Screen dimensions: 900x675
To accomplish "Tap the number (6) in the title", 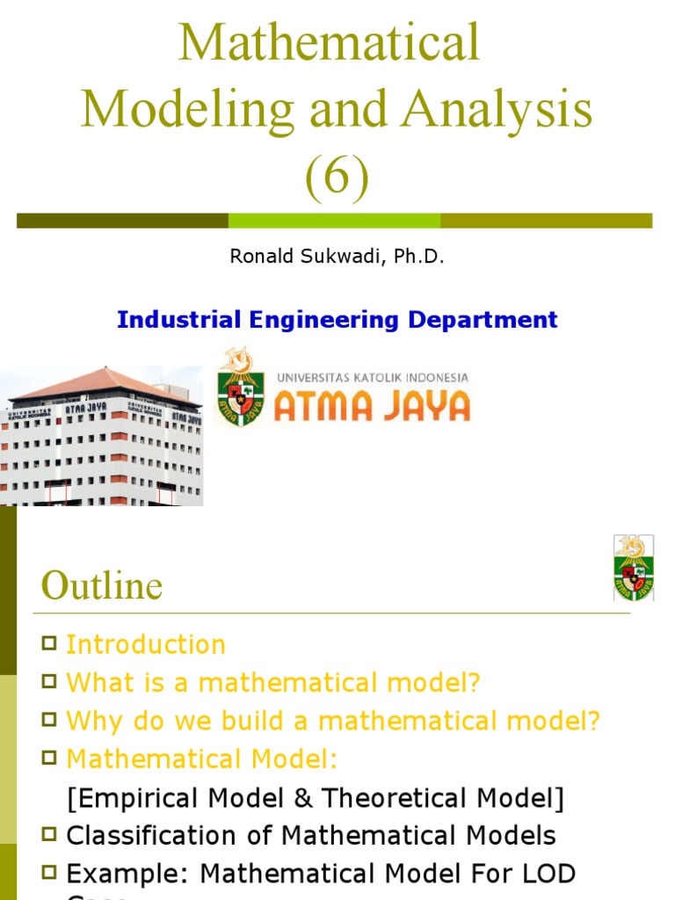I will tap(337, 177).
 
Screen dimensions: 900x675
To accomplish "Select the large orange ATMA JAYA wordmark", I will tap(372, 406).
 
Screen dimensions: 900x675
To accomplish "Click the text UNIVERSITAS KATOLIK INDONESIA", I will tap(372, 377).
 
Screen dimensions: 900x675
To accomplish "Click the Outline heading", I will tap(102, 586).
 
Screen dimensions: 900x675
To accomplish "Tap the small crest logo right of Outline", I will tap(633, 568).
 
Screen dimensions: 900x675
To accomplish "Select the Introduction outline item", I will tap(146, 644).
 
